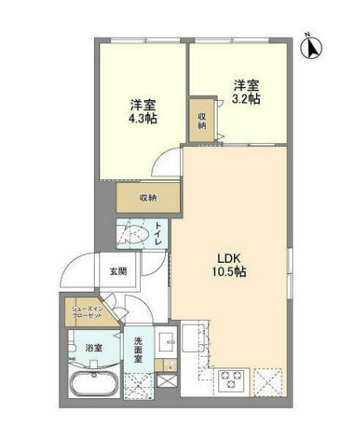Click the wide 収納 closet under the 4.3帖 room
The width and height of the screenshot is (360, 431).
[148, 198]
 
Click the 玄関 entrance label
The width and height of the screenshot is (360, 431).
[118, 271]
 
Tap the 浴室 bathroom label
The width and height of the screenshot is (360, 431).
[93, 347]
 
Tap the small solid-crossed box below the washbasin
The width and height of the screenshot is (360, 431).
[166, 381]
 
